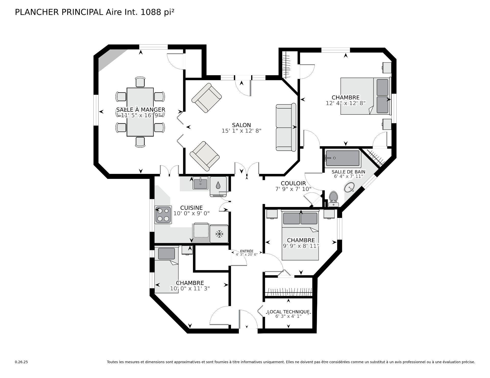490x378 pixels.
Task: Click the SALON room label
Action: tap(241, 125)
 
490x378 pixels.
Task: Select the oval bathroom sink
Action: tap(349, 188)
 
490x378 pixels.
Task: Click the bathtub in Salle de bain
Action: tap(342, 158)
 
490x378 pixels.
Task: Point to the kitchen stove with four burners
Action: tap(163, 215)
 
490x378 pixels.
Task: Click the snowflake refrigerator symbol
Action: tap(219, 234)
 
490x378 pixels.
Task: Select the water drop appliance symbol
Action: tap(218, 185)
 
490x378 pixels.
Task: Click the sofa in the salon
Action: tap(286, 127)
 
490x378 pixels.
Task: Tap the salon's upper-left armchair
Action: tap(206, 98)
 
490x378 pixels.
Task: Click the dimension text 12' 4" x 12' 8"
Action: tap(346, 103)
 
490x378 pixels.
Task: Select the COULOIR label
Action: tap(293, 184)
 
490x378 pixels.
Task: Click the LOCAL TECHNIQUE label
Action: tap(288, 312)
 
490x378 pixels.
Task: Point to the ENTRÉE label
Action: tap(247, 251)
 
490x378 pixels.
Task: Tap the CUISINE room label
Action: tap(191, 208)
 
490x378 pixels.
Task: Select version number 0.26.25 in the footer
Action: tap(21, 362)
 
